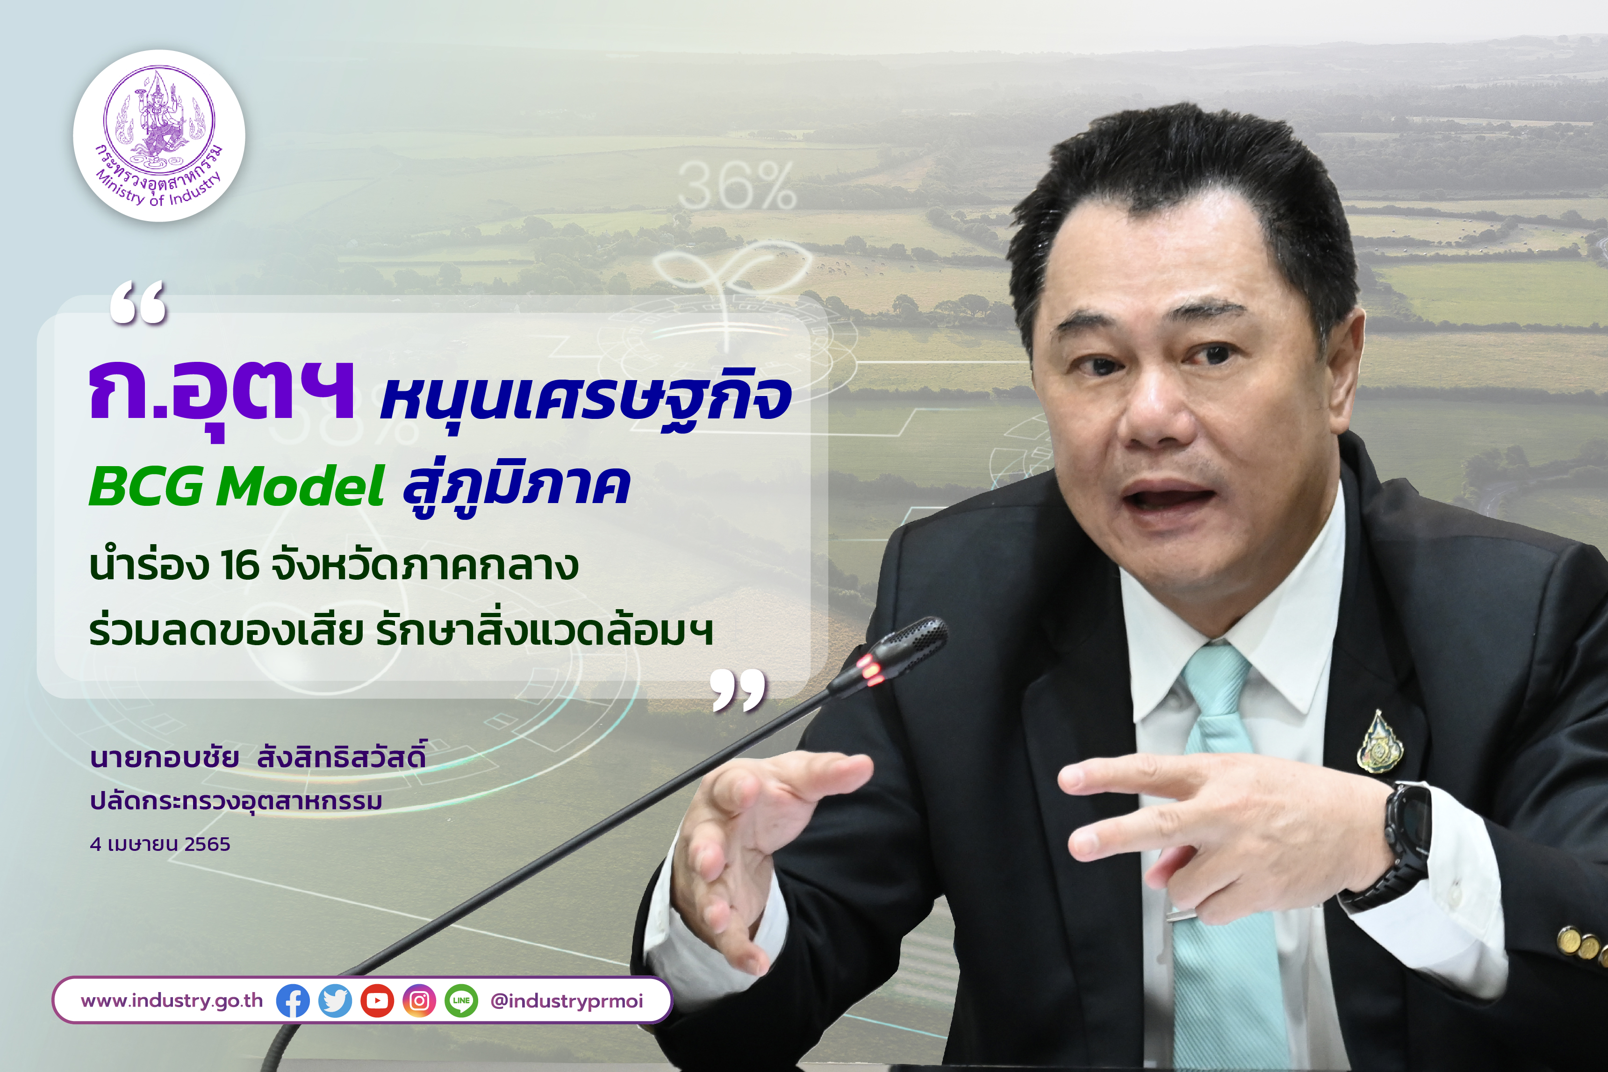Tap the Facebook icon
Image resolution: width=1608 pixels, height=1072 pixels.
(293, 1001)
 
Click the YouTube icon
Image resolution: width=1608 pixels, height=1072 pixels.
(377, 1001)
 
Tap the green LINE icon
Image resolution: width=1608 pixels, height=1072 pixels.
(461, 1001)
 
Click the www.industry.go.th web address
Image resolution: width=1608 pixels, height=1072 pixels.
(172, 1001)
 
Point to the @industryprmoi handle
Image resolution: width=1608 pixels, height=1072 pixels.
(567, 1001)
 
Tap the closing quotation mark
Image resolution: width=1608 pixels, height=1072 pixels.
(738, 690)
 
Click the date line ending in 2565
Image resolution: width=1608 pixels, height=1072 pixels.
(160, 844)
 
